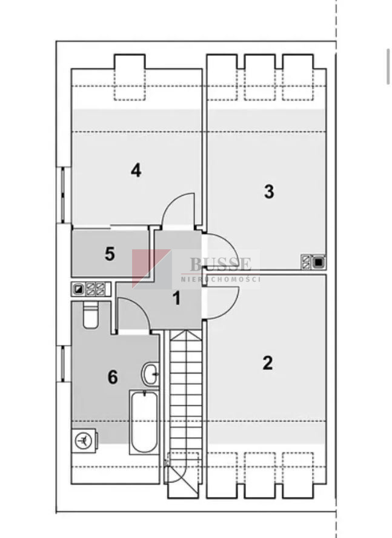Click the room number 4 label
[x=136, y=170]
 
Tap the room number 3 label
[x=269, y=192]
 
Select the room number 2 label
[x=268, y=363]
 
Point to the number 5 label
[x=110, y=254]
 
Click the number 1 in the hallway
[x=176, y=298]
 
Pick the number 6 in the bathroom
[x=113, y=377]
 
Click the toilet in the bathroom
[x=90, y=315]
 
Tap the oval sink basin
[x=150, y=374]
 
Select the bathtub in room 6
[x=144, y=422]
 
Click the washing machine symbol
[x=84, y=440]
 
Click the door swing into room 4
[x=178, y=210]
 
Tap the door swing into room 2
[x=220, y=303]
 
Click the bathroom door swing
[x=133, y=315]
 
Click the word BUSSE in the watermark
[x=221, y=264]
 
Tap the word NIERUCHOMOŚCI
[x=221, y=278]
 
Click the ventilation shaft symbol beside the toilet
[x=91, y=289]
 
